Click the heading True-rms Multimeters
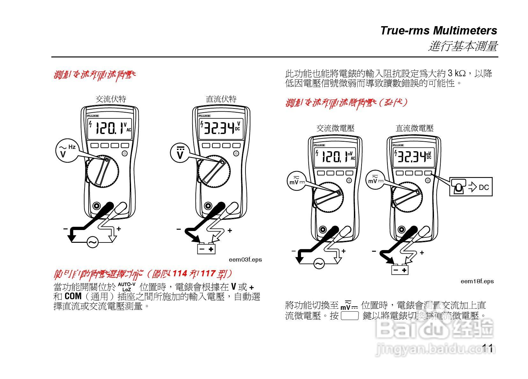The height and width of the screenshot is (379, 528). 438,31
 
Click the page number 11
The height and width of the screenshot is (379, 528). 488,348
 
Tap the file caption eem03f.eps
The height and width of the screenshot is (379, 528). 245,260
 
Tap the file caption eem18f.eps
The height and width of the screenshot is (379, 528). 477,281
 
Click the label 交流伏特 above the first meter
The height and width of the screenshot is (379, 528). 111,99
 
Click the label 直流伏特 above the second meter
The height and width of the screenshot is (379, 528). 221,99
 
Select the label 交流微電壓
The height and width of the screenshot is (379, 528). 335,128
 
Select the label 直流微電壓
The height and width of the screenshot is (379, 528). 414,128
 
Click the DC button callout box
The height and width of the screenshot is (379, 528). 471,187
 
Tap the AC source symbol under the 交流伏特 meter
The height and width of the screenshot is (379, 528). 92,243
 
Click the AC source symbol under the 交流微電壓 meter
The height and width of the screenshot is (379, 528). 319,264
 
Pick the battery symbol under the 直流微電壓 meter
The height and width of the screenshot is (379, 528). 400,270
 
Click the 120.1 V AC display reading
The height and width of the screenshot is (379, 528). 111,128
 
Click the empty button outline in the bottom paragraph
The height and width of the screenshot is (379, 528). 350,316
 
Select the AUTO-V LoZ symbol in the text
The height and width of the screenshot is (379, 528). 127,287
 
